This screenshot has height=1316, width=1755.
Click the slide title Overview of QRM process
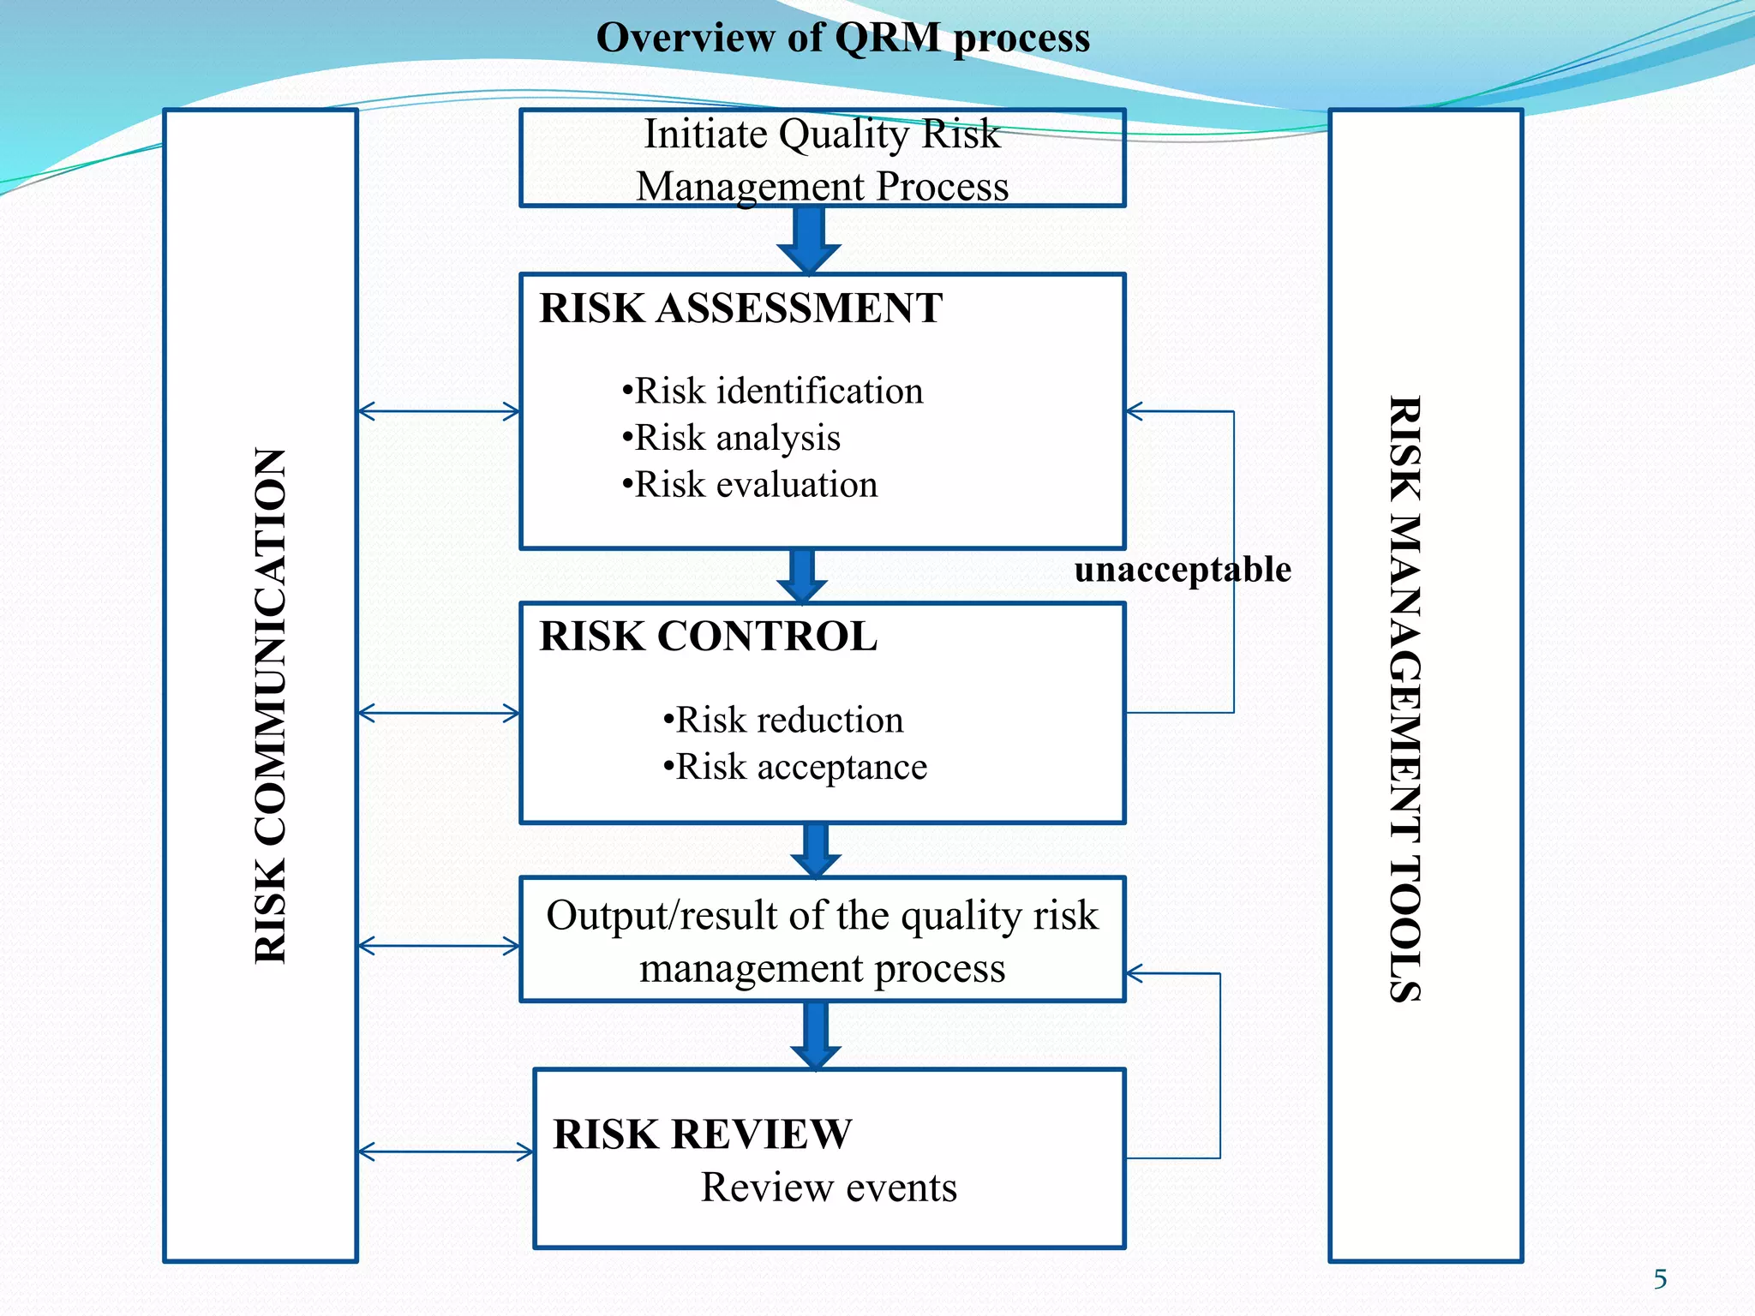click(842, 38)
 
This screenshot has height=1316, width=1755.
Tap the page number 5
click(1660, 1279)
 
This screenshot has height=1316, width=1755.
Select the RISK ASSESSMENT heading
click(740, 308)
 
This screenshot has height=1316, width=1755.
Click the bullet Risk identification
click(773, 392)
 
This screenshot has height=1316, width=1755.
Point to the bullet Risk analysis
click(732, 439)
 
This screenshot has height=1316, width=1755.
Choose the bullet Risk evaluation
click(750, 486)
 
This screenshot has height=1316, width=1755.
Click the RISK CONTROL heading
click(708, 637)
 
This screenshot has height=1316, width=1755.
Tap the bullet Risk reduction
click(783, 721)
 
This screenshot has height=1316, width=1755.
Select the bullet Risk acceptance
click(795, 768)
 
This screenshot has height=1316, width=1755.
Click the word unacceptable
click(1183, 570)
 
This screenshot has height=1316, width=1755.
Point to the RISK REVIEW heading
click(702, 1134)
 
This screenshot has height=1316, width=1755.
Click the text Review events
click(829, 1188)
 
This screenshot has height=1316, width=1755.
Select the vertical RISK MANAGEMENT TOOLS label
click(1405, 698)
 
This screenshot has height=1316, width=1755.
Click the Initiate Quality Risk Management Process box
click(822, 159)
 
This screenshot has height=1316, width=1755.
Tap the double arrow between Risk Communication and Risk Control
click(439, 713)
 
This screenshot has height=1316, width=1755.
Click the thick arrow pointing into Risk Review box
click(816, 1035)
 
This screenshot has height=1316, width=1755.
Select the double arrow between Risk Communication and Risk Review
click(446, 1152)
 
